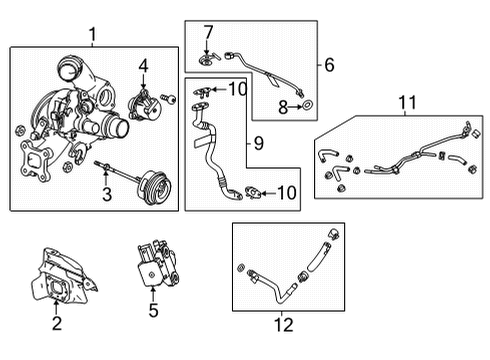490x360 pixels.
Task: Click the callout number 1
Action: click(93, 34)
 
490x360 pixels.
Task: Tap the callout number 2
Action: click(57, 323)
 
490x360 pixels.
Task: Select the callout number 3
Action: click(107, 194)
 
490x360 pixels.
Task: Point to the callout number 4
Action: click(143, 66)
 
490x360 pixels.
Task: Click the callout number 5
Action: click(153, 310)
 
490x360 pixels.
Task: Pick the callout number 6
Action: click(329, 65)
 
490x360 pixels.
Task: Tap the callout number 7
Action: click(208, 32)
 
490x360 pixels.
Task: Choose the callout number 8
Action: click(283, 107)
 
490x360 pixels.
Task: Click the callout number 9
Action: click(259, 143)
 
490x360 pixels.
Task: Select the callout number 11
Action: click(407, 102)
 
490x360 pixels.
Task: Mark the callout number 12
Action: click(284, 325)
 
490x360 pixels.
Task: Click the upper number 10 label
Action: click(238, 89)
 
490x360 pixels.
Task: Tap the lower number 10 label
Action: click(287, 193)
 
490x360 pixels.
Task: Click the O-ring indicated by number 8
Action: click(307, 106)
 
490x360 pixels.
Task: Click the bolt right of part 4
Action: click(169, 98)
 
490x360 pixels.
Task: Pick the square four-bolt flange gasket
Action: click(35, 161)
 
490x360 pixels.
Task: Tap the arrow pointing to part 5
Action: click(153, 294)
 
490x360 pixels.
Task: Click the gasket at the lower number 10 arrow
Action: click(253, 193)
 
